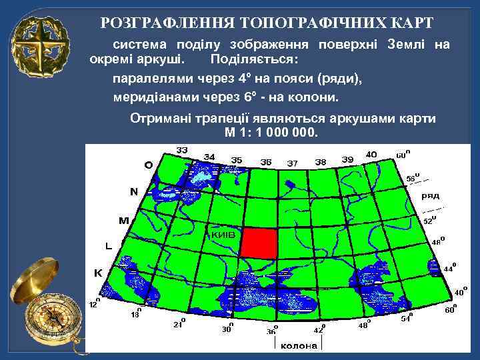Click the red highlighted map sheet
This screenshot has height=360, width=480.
coord(259,242)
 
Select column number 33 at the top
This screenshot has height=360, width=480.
coord(181,149)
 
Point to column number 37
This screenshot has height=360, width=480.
coord(292,163)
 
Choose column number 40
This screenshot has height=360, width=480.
coord(371,154)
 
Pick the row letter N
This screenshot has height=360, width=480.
coord(133,191)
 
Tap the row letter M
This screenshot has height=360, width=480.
coord(123,219)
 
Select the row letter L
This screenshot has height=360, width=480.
coord(109,245)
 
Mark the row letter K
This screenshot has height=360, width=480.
coord(97,273)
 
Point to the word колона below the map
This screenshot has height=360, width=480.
coord(298,346)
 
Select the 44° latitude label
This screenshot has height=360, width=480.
coord(450,267)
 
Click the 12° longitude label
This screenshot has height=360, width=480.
coord(95,303)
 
